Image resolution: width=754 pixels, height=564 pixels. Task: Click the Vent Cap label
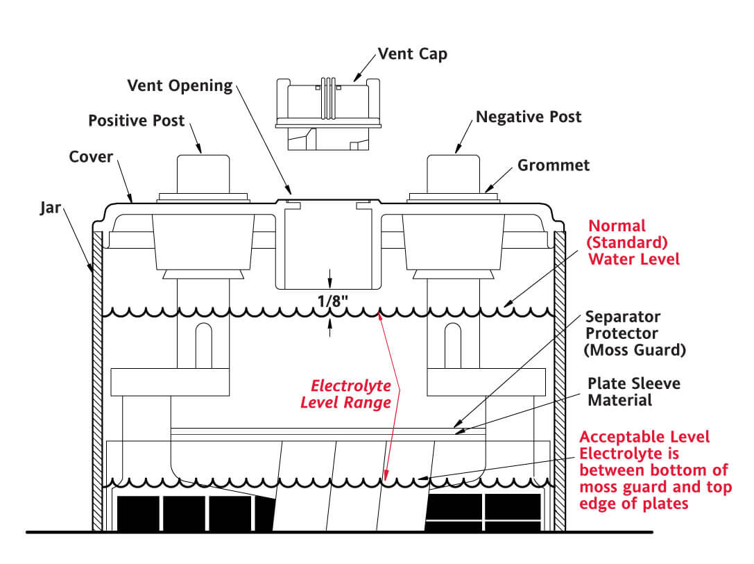(412, 53)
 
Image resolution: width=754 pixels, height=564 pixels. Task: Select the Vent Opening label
(180, 85)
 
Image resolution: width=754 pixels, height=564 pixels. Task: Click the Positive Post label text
(137, 120)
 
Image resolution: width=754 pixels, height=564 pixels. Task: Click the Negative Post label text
(529, 116)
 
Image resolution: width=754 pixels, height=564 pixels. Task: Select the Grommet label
(554, 165)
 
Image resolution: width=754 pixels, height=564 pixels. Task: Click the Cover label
(91, 156)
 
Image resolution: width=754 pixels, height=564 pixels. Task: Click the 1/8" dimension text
(329, 301)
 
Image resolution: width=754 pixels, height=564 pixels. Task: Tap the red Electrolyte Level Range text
(351, 393)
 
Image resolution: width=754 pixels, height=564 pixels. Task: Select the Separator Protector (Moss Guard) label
(635, 333)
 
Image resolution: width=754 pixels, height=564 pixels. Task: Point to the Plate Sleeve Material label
(624, 392)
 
